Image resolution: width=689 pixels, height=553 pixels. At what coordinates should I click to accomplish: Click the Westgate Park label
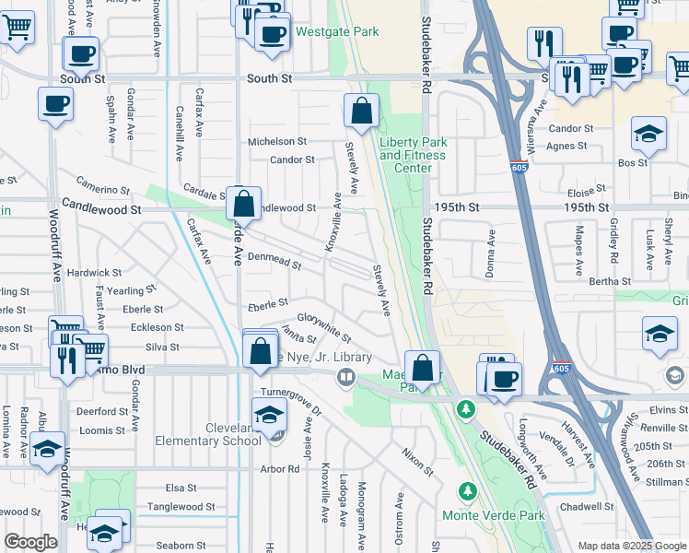pos(337,31)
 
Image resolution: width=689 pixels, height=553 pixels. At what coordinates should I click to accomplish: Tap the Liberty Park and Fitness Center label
pos(413,155)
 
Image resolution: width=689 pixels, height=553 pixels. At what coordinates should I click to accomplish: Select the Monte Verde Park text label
pos(493,515)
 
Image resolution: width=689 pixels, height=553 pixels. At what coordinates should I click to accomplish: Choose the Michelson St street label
pos(277,141)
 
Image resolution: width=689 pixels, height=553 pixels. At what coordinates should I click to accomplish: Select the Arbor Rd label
pos(280,468)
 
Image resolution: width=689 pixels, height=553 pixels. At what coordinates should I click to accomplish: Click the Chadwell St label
pos(586,506)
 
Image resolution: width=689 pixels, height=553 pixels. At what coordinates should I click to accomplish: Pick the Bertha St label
pos(610,281)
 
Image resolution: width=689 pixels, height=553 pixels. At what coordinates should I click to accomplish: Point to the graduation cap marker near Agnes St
pos(649,135)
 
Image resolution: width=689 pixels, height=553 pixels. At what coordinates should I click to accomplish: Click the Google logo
pos(31,542)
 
